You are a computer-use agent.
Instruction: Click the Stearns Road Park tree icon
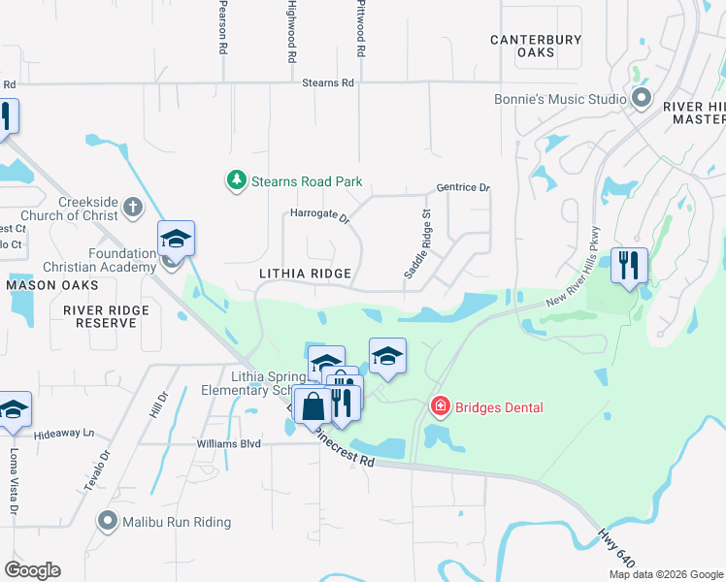click(x=235, y=180)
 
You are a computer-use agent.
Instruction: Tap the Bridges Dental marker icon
click(x=440, y=406)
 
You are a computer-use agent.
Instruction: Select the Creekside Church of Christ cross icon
click(x=132, y=208)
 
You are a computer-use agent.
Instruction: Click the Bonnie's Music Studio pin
click(x=641, y=98)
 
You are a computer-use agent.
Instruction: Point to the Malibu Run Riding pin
click(x=108, y=522)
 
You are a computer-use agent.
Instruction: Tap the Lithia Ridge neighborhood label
click(x=305, y=275)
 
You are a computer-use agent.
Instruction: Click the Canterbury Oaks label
click(x=535, y=46)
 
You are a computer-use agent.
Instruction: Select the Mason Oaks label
click(x=53, y=285)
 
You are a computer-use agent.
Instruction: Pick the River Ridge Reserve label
click(x=106, y=316)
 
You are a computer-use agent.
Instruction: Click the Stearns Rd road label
click(x=328, y=83)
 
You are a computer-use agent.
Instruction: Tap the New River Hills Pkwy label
click(x=576, y=279)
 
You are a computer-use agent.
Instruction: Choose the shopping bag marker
click(x=313, y=404)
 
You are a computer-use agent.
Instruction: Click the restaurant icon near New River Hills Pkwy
click(x=629, y=264)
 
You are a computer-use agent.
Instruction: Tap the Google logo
click(x=32, y=570)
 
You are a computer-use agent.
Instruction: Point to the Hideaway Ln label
click(x=64, y=433)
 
